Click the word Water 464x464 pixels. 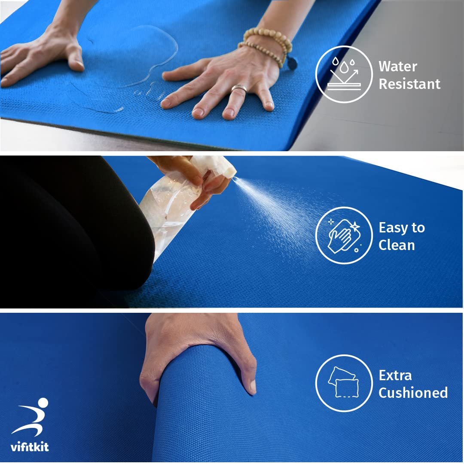[398, 66]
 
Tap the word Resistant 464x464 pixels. [409, 84]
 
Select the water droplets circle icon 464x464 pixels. [344, 74]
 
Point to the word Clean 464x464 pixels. [397, 245]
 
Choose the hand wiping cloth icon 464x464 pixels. [344, 235]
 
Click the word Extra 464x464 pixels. [395, 375]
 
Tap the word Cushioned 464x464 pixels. [413, 393]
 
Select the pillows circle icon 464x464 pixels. [344, 383]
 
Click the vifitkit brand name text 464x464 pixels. [30, 446]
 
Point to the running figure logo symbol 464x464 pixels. [31, 417]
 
